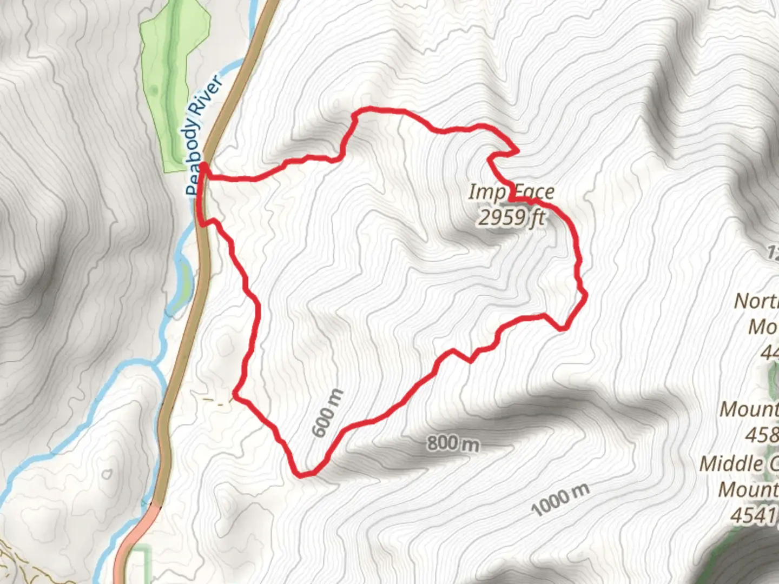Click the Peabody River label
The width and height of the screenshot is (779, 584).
coord(204,135)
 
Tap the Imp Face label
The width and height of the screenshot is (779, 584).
coord(511,192)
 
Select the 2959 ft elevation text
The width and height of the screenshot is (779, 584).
coord(511,217)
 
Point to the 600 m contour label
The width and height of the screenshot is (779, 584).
coord(328,413)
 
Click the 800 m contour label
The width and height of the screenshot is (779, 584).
coord(453,443)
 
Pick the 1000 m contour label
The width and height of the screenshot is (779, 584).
coord(560,500)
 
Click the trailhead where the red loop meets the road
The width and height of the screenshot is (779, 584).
coord(204,165)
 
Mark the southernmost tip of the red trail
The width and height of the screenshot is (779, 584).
coord(301,475)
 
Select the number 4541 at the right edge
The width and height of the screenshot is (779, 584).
coord(752,515)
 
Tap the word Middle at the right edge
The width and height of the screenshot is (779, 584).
coord(730,464)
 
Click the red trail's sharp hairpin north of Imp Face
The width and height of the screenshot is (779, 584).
coord(517,151)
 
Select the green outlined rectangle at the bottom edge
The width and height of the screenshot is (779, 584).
coord(140,565)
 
